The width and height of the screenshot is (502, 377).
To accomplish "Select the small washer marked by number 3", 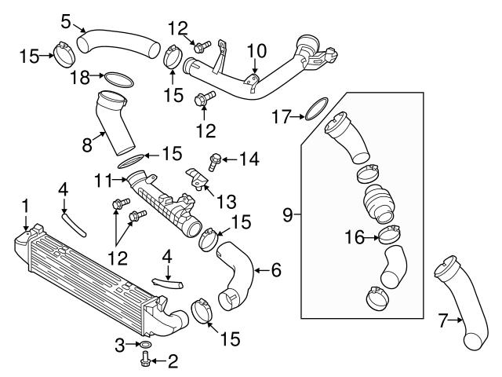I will (x=145, y=345).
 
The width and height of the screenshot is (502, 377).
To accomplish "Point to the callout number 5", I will (x=67, y=16).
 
